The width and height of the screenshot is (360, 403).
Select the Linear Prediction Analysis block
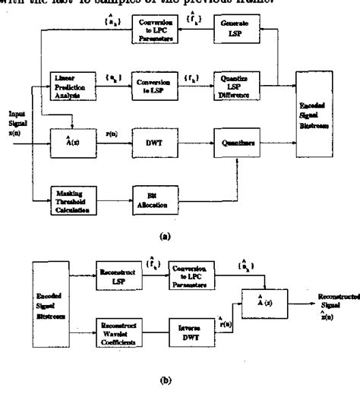tap(71, 84)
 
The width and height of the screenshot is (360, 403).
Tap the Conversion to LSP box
tap(151, 84)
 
